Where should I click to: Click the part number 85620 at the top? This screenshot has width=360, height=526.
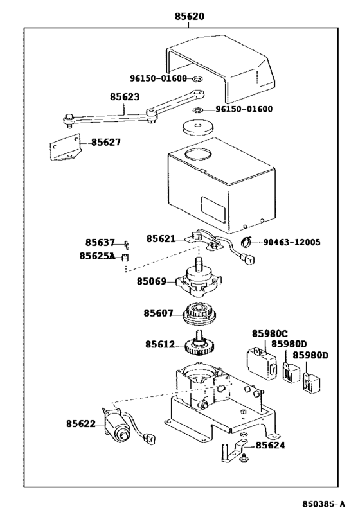(190, 16)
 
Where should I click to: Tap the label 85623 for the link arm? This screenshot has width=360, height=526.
(125, 96)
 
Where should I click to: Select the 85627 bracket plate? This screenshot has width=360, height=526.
(66, 148)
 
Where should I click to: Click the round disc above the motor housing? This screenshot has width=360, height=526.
(199, 127)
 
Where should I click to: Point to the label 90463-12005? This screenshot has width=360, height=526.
(291, 242)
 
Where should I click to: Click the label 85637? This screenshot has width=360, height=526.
(100, 242)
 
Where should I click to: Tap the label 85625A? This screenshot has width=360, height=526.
(97, 256)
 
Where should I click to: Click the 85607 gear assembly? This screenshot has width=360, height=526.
(200, 313)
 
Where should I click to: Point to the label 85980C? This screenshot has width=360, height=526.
(270, 333)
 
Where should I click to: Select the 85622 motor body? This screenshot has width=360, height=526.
(116, 425)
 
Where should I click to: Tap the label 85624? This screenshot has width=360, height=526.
(271, 445)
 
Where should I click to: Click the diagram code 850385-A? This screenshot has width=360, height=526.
(324, 504)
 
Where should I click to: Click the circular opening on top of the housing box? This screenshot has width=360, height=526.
(198, 154)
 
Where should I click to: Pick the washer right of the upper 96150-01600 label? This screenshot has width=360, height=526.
(198, 79)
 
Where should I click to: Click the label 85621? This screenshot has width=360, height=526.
(161, 238)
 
